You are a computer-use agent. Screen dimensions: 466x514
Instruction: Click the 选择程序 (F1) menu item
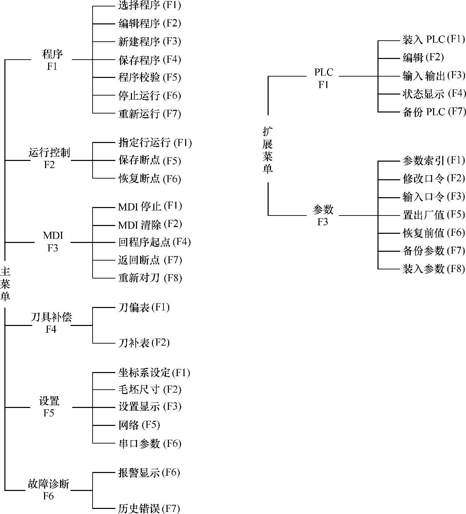tap(150, 5)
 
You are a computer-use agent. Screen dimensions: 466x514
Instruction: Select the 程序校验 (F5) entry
tap(150, 78)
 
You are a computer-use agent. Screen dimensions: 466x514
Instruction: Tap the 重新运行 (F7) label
tap(150, 114)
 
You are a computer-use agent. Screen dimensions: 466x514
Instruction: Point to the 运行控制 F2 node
tap(50, 158)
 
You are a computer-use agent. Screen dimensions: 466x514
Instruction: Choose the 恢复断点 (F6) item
tap(150, 179)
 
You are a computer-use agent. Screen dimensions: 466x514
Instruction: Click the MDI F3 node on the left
tap(53, 242)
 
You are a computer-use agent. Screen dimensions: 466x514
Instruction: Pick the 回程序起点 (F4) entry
tap(154, 242)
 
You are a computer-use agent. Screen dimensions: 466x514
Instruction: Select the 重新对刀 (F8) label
tap(150, 278)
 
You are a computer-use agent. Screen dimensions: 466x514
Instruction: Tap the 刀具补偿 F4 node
tap(51, 323)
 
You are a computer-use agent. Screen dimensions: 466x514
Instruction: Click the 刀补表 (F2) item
tap(144, 343)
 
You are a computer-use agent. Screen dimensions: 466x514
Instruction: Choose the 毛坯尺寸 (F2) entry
tap(150, 390)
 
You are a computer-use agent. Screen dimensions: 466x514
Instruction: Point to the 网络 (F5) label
tap(139, 425)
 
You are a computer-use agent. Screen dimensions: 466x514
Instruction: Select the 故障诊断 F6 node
tap(48, 490)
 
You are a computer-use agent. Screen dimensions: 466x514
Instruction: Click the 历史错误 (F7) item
tap(149, 508)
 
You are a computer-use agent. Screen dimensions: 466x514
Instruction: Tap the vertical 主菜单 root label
tap(5, 284)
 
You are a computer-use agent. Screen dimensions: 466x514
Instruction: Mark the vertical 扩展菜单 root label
tap(268, 150)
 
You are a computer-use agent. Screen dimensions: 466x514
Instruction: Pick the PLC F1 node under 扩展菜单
tap(324, 78)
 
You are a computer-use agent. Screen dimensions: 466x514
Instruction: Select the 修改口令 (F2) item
tap(433, 178)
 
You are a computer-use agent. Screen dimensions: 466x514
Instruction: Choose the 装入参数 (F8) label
tap(433, 269)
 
